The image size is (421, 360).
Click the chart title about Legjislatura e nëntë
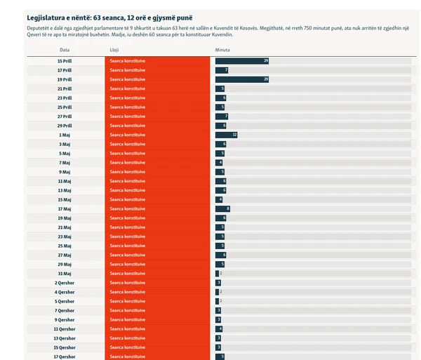tap(111, 16)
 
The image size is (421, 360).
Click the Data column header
tap(65, 51)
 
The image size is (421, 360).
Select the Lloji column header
tap(114, 51)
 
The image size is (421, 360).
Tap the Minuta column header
tap(222, 51)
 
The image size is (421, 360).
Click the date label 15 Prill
tap(65, 61)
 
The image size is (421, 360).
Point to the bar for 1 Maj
tap(227, 135)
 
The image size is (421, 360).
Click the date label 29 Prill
tap(65, 126)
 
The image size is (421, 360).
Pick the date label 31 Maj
tap(65, 273)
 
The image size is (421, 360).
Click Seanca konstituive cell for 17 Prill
tap(156, 70)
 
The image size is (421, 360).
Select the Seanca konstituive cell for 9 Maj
tap(156, 172)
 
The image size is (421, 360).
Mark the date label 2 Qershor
tap(65, 282)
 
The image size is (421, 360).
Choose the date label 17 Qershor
tap(65, 356)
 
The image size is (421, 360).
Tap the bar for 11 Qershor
tap(219, 328)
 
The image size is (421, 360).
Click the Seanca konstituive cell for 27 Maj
tap(156, 255)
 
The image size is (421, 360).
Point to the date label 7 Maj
tap(65, 162)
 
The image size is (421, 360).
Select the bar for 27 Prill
tap(222, 116)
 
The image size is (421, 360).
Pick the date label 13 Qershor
tap(65, 338)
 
